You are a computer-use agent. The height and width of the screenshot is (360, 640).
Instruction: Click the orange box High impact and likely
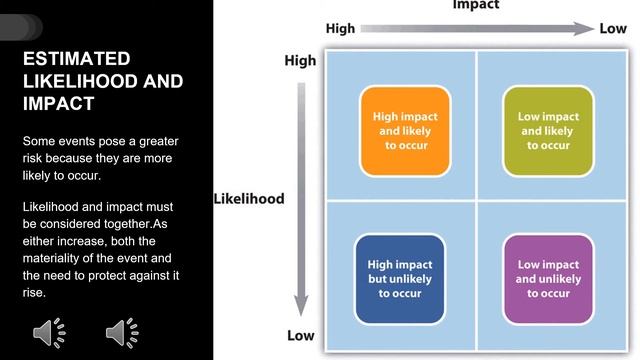pyautogui.click(x=405, y=131)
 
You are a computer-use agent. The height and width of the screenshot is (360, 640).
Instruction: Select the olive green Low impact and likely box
pyautogui.click(x=548, y=131)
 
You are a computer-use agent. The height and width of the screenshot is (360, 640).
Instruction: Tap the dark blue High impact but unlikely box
pyautogui.click(x=400, y=279)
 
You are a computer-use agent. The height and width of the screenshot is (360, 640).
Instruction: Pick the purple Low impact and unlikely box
pyautogui.click(x=548, y=279)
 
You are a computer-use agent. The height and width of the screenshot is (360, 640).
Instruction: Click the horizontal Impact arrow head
pyautogui.click(x=583, y=29)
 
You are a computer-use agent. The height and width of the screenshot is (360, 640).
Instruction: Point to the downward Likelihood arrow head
pyautogui.click(x=301, y=304)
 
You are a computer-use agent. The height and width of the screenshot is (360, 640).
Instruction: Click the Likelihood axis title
pyautogui.click(x=249, y=199)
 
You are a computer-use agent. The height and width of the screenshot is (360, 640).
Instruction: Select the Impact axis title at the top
pyautogui.click(x=476, y=4)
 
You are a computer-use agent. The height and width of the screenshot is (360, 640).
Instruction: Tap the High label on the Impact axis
pyautogui.click(x=340, y=29)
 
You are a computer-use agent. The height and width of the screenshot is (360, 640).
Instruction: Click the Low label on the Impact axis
pyautogui.click(x=613, y=29)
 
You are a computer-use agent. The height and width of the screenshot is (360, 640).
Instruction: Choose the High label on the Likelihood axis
pyautogui.click(x=300, y=60)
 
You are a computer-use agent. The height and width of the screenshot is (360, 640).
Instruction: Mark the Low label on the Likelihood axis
pyautogui.click(x=301, y=336)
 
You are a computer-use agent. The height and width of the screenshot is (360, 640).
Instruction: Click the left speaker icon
pyautogui.click(x=49, y=333)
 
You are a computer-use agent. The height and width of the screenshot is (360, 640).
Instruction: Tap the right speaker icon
pyautogui.click(x=122, y=333)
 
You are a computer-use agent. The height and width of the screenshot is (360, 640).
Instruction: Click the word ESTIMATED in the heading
pyautogui.click(x=77, y=59)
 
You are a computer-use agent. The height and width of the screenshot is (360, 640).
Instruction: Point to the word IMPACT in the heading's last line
pyautogui.click(x=59, y=104)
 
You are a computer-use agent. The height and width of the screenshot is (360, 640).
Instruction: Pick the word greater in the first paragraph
pyautogui.click(x=159, y=142)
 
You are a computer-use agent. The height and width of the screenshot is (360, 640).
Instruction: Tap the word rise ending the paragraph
pyautogui.click(x=34, y=292)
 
